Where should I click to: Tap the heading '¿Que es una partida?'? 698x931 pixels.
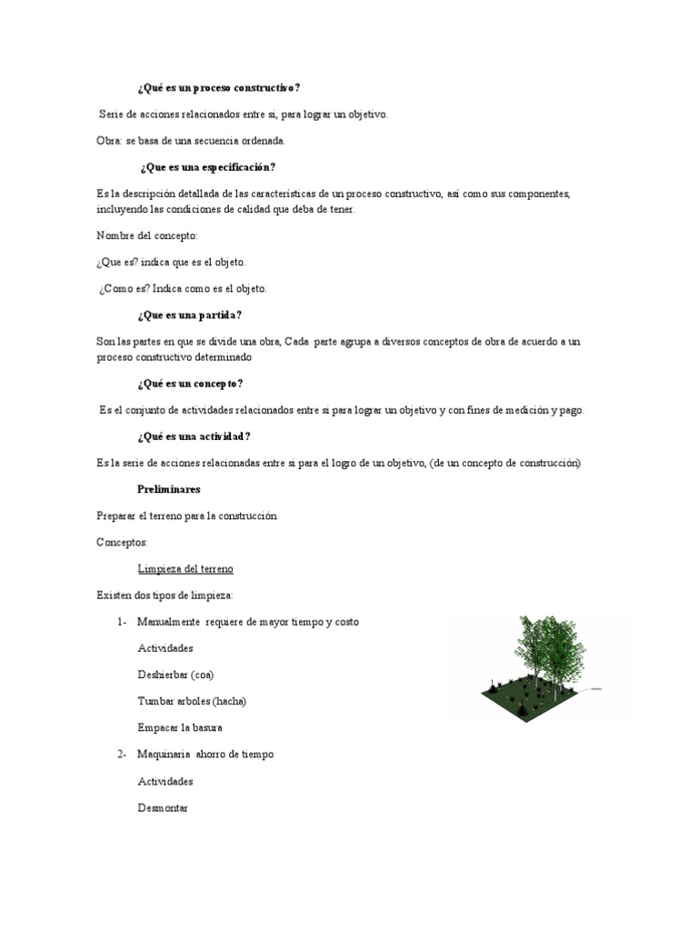point(189,315)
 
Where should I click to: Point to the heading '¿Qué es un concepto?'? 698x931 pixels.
point(190,384)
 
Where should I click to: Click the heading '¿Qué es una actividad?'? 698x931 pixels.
point(194,436)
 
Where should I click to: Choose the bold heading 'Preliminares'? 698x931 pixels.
point(169,489)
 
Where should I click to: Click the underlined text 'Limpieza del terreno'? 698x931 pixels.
point(185,569)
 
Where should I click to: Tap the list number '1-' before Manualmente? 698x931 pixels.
point(121,622)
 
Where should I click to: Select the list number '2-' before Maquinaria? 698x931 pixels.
point(121,755)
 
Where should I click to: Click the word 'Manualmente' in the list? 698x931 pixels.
point(168,622)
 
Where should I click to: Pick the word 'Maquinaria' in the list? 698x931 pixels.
point(164,755)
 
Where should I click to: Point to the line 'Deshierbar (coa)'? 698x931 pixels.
point(175,675)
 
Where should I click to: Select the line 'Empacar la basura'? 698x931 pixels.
point(180,727)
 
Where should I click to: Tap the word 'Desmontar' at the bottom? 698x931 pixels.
point(163,807)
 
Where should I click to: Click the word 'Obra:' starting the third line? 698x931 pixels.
point(109,141)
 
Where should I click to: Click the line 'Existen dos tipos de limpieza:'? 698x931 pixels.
point(165,596)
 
